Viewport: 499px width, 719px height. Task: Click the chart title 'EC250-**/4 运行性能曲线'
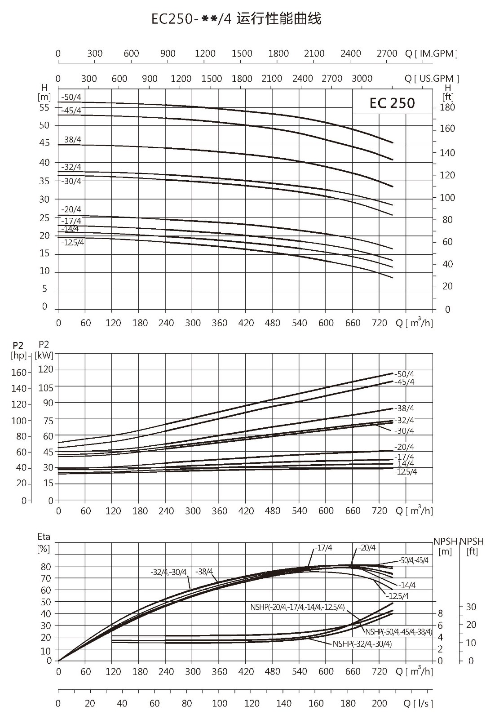(236, 19)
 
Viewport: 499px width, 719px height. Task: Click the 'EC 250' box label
(392, 103)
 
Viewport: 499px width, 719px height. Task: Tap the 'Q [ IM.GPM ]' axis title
(431, 53)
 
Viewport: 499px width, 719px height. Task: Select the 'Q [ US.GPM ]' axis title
(432, 78)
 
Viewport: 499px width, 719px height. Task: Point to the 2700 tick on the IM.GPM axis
(387, 53)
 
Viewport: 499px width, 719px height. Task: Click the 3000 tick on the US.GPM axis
(362, 78)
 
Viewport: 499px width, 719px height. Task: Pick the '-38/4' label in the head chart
(71, 140)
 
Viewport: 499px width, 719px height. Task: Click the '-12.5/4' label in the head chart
(72, 242)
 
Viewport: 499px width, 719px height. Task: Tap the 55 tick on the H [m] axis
(44, 107)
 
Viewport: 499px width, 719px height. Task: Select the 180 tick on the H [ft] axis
(447, 107)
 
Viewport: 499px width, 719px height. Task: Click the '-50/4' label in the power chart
(404, 374)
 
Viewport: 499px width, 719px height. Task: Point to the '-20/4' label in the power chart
(404, 447)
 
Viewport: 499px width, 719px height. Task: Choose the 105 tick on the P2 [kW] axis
(46, 388)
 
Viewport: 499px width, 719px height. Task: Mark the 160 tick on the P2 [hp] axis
(19, 373)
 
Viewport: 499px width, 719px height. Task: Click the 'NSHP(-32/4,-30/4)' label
(362, 644)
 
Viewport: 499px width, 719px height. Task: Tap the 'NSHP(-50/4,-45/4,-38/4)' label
(398, 632)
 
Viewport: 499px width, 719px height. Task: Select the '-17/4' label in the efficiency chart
(323, 548)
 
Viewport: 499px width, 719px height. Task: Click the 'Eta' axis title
(44, 537)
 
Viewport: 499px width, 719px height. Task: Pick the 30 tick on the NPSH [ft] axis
(471, 607)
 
